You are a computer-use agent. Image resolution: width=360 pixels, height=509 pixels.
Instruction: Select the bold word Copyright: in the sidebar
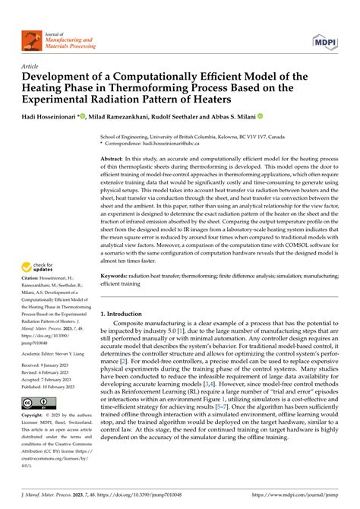pyautogui.click(x=36, y=438)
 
